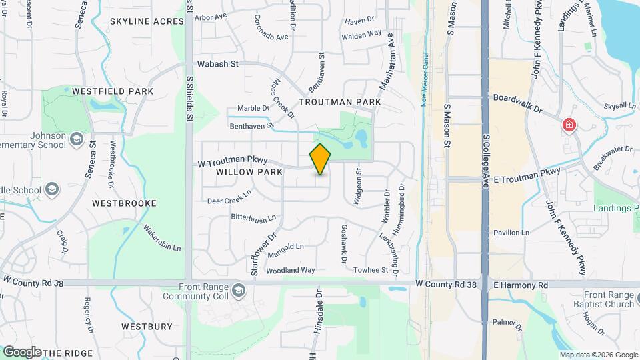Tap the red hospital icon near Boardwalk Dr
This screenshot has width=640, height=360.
[569, 125]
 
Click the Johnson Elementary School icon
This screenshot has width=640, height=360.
[76, 139]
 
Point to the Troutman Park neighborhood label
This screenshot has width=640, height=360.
[340, 102]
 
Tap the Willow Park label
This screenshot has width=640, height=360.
[241, 171]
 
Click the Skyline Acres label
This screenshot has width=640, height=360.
[147, 22]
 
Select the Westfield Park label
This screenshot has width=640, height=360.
[113, 91]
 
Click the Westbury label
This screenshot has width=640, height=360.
[147, 327]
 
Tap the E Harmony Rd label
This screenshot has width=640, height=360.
[521, 285]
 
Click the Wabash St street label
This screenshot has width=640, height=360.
[217, 65]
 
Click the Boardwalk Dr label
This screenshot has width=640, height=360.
[518, 97]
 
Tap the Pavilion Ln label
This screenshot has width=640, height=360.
[511, 233]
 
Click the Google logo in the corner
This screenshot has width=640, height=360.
[21, 351]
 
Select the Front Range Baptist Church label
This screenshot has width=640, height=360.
[609, 300]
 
